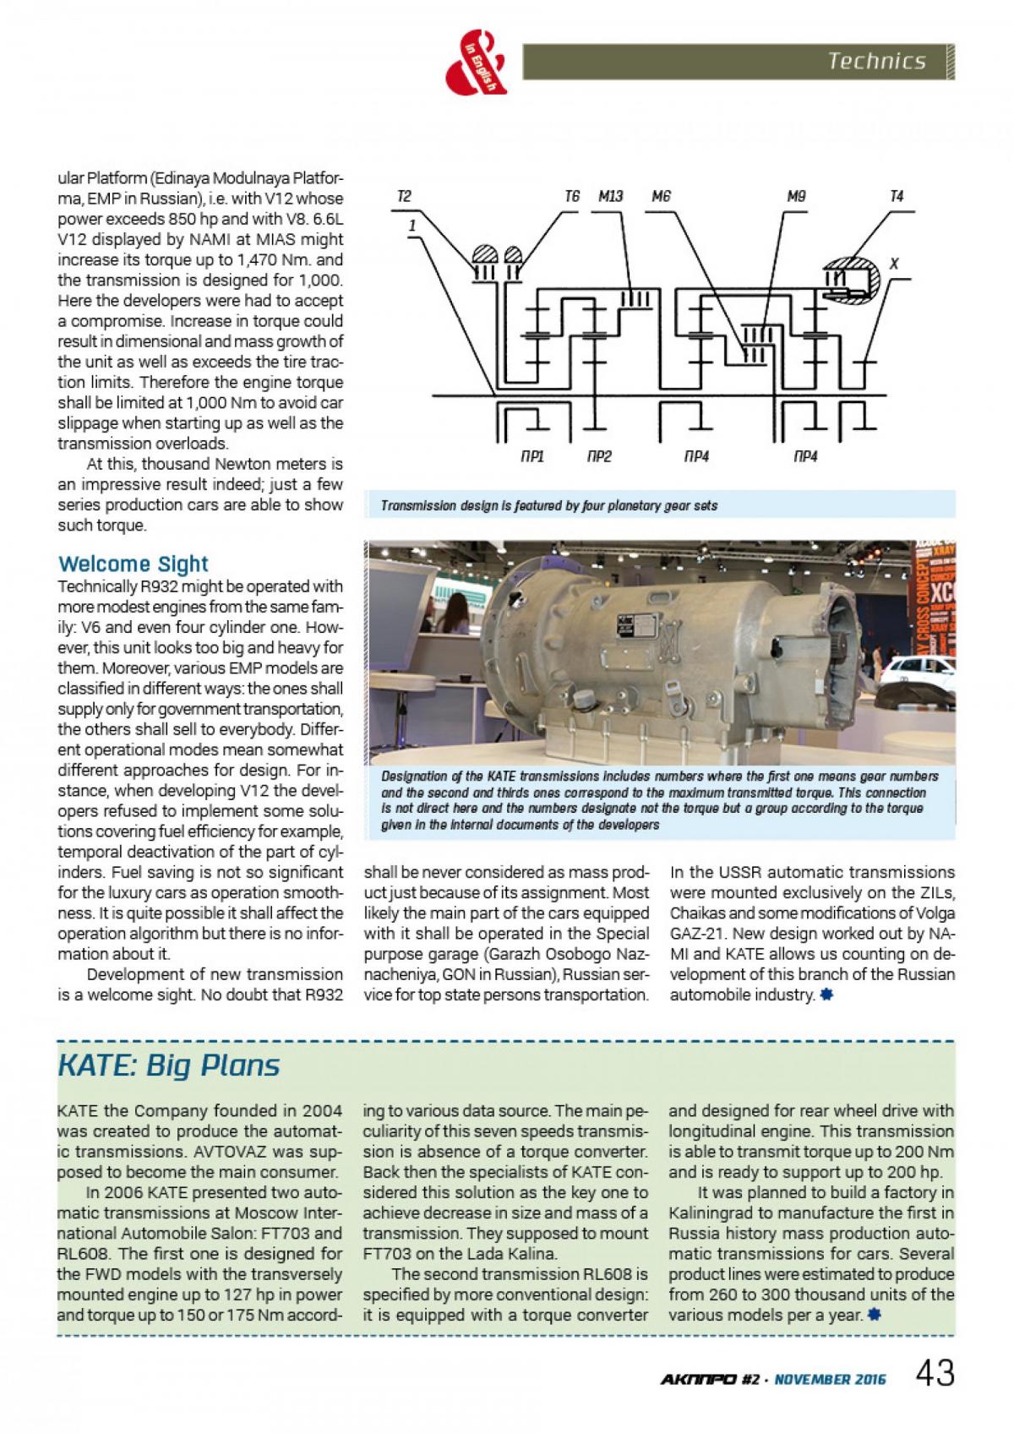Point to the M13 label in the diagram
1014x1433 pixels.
coord(610,196)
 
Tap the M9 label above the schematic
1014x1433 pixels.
coord(796,196)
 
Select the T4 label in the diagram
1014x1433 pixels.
coord(897,196)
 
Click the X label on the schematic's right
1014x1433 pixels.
coord(894,264)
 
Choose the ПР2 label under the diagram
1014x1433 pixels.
coord(598,457)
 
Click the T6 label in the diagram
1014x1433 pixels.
coord(572,196)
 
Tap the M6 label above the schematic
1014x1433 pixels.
coord(662,196)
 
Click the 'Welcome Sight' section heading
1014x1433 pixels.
coord(133,564)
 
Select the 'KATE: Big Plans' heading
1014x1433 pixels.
coord(168,1065)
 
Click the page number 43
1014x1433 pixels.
coord(935,1373)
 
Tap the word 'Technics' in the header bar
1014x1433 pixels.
coord(877,61)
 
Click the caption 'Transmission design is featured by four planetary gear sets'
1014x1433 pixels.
coord(549,506)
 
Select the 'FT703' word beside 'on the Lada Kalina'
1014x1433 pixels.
coord(384,1254)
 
